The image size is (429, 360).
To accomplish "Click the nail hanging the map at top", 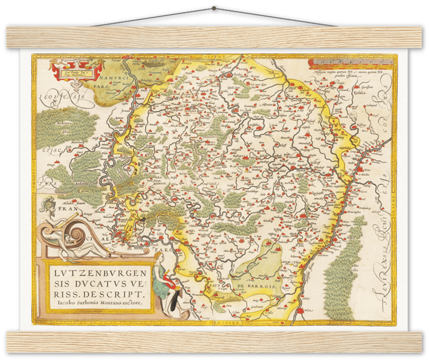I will click(x=214, y=8).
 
